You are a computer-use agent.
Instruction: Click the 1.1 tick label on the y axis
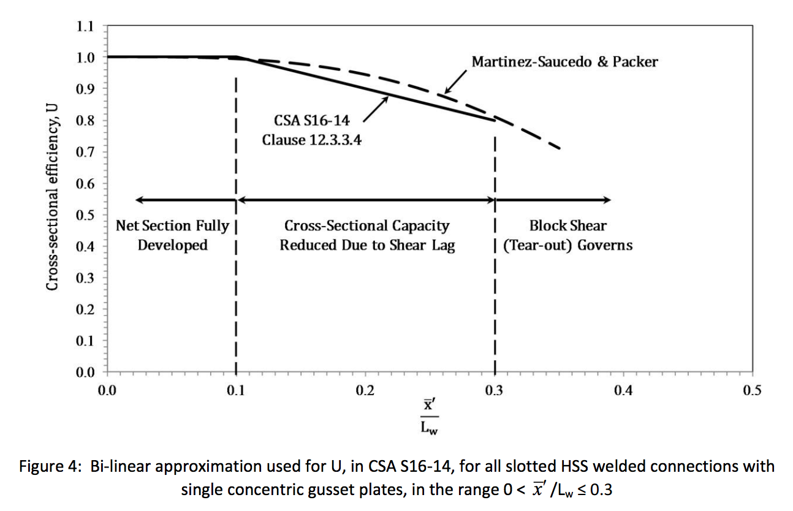[85, 26]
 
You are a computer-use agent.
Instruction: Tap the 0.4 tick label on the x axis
[623, 391]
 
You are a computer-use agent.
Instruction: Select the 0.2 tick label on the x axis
[365, 391]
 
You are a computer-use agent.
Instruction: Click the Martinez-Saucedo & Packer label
[564, 62]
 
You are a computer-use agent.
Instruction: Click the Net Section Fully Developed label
[173, 235]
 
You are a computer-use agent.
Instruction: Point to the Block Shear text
[567, 226]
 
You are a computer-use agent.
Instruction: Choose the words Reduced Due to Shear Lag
[367, 246]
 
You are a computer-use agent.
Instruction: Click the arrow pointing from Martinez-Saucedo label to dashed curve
[457, 82]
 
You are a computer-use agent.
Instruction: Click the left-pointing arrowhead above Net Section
[140, 200]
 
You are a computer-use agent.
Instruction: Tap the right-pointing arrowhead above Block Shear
[606, 200]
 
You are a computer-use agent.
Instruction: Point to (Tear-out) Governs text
[567, 246]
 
